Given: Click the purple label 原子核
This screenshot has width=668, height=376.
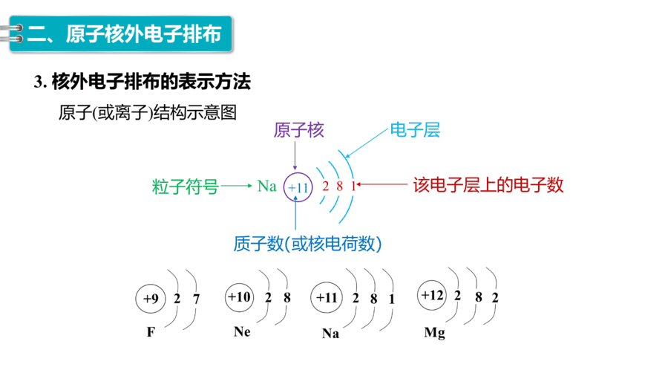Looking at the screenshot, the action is pos(298,130).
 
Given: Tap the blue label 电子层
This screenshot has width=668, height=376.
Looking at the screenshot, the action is pos(415,129).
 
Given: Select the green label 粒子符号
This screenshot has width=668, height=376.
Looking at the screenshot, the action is pos(186,187).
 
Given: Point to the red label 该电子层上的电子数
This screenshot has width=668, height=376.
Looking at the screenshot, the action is pos(488,185).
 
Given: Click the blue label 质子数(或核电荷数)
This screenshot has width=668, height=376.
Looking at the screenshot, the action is pos(307,244).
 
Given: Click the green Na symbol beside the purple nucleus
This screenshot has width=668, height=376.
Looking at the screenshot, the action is pos(267,187).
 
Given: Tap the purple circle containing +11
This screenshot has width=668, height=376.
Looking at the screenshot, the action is pos(298,187).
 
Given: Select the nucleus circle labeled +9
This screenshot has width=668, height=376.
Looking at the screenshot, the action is pos(151,299).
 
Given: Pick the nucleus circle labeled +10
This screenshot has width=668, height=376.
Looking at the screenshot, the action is pos(240,296).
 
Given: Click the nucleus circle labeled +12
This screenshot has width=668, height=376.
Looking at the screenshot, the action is pos(432,295).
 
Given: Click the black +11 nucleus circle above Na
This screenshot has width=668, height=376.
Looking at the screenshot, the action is pos(327,297).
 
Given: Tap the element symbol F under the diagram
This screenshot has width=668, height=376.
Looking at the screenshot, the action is pos(151,332).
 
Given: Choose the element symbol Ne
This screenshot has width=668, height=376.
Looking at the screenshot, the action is pos(242,331).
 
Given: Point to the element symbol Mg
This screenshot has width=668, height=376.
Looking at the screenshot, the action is pos(434,332).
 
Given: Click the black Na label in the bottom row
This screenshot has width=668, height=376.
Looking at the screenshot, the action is pos(330,334).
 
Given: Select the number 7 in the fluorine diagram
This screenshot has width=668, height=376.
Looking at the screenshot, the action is pos(196,299).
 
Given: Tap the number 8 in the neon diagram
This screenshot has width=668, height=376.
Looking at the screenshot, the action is pos(287,297).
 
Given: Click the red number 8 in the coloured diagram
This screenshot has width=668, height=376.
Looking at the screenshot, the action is pos(339,186).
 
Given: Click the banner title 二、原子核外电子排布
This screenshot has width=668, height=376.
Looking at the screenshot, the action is pos(124,34).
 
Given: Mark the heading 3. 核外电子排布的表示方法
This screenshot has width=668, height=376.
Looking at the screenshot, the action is pos(143,82).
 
